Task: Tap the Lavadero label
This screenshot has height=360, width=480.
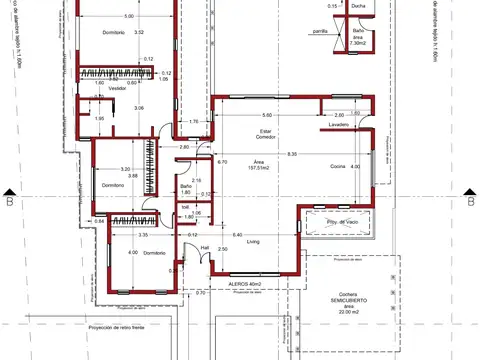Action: click(x=338, y=124)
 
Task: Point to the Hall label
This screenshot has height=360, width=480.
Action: click(x=204, y=246)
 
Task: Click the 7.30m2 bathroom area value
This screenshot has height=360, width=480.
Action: click(x=358, y=43)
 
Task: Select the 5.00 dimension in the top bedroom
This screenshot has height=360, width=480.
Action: click(x=128, y=18)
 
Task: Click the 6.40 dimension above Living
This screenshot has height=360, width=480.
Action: click(x=237, y=234)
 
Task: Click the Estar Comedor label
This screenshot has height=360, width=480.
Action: click(x=266, y=133)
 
